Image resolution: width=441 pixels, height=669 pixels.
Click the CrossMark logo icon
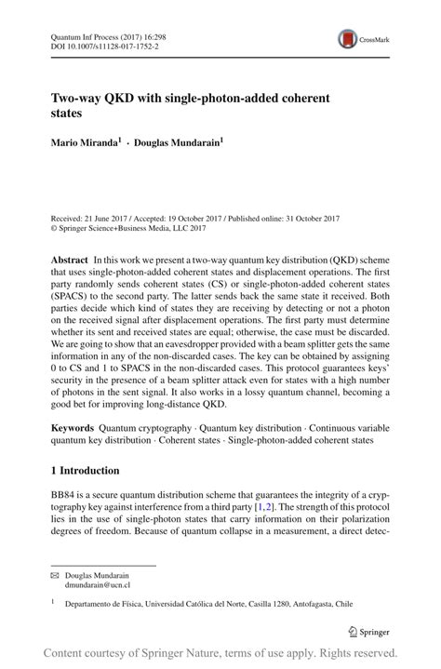click(x=348, y=38)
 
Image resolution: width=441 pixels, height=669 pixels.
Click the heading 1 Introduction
click(x=85, y=471)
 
